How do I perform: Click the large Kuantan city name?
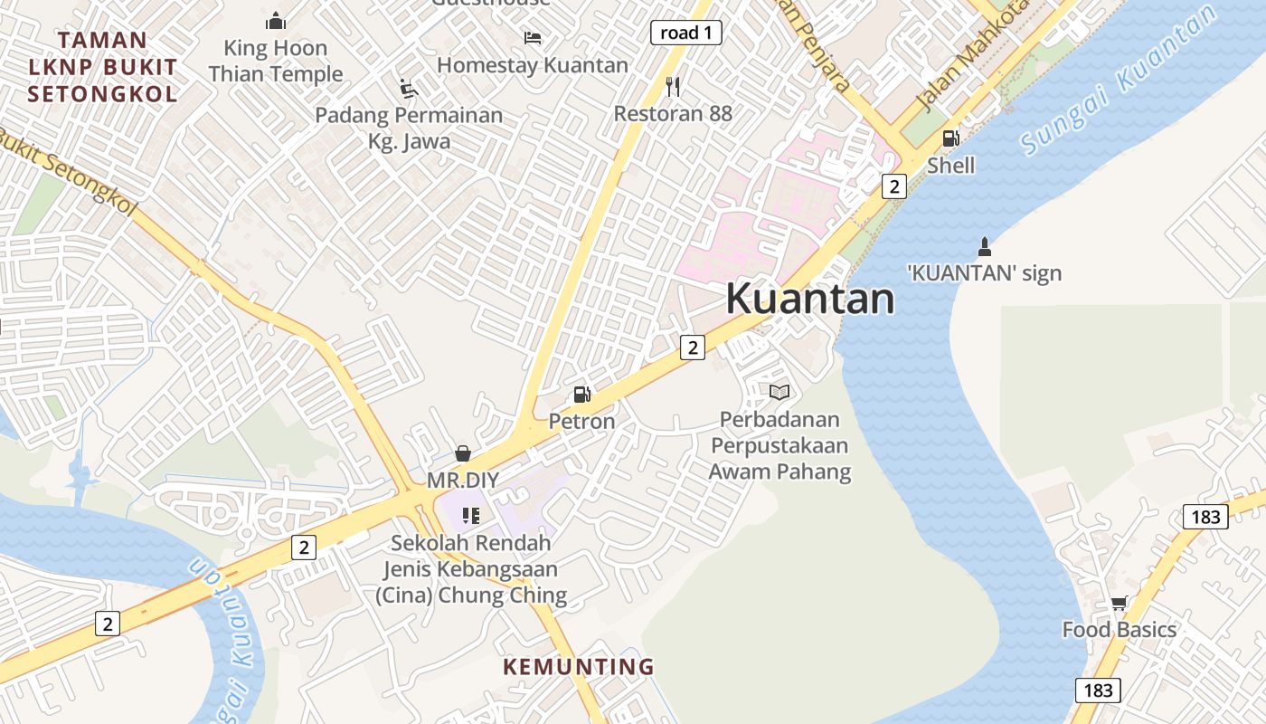pyautogui.click(x=809, y=299)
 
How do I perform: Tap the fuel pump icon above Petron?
pyautogui.click(x=582, y=395)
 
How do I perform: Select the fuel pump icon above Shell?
pyautogui.click(x=950, y=138)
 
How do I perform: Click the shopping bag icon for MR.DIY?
pyautogui.click(x=463, y=452)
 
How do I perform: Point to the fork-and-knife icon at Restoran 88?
pyautogui.click(x=672, y=87)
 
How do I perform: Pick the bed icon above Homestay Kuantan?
pyautogui.click(x=533, y=38)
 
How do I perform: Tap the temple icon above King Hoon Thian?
pyautogui.click(x=276, y=21)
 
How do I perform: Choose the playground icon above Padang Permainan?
pyautogui.click(x=409, y=88)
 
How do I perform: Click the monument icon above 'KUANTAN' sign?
pyautogui.click(x=985, y=246)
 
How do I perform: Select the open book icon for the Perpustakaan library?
pyautogui.click(x=779, y=392)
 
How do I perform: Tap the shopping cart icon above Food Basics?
pyautogui.click(x=1119, y=603)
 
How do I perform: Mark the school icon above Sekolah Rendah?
pyautogui.click(x=470, y=516)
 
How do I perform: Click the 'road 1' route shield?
pyautogui.click(x=685, y=33)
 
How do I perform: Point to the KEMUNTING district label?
pyautogui.click(x=578, y=667)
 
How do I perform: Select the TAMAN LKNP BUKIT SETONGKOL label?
pyautogui.click(x=101, y=66)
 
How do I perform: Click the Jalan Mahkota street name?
pyautogui.click(x=960, y=69)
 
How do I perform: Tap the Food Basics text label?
pyautogui.click(x=1119, y=630)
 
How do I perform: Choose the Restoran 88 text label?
pyautogui.click(x=673, y=114)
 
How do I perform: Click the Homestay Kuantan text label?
pyautogui.click(x=533, y=65)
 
